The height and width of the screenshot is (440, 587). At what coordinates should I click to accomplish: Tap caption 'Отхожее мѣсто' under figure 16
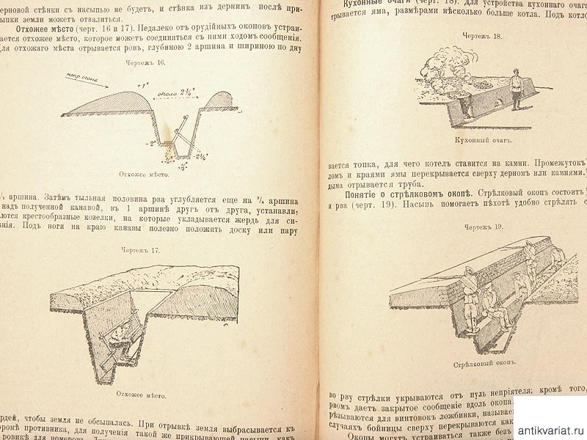coord(144,175)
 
